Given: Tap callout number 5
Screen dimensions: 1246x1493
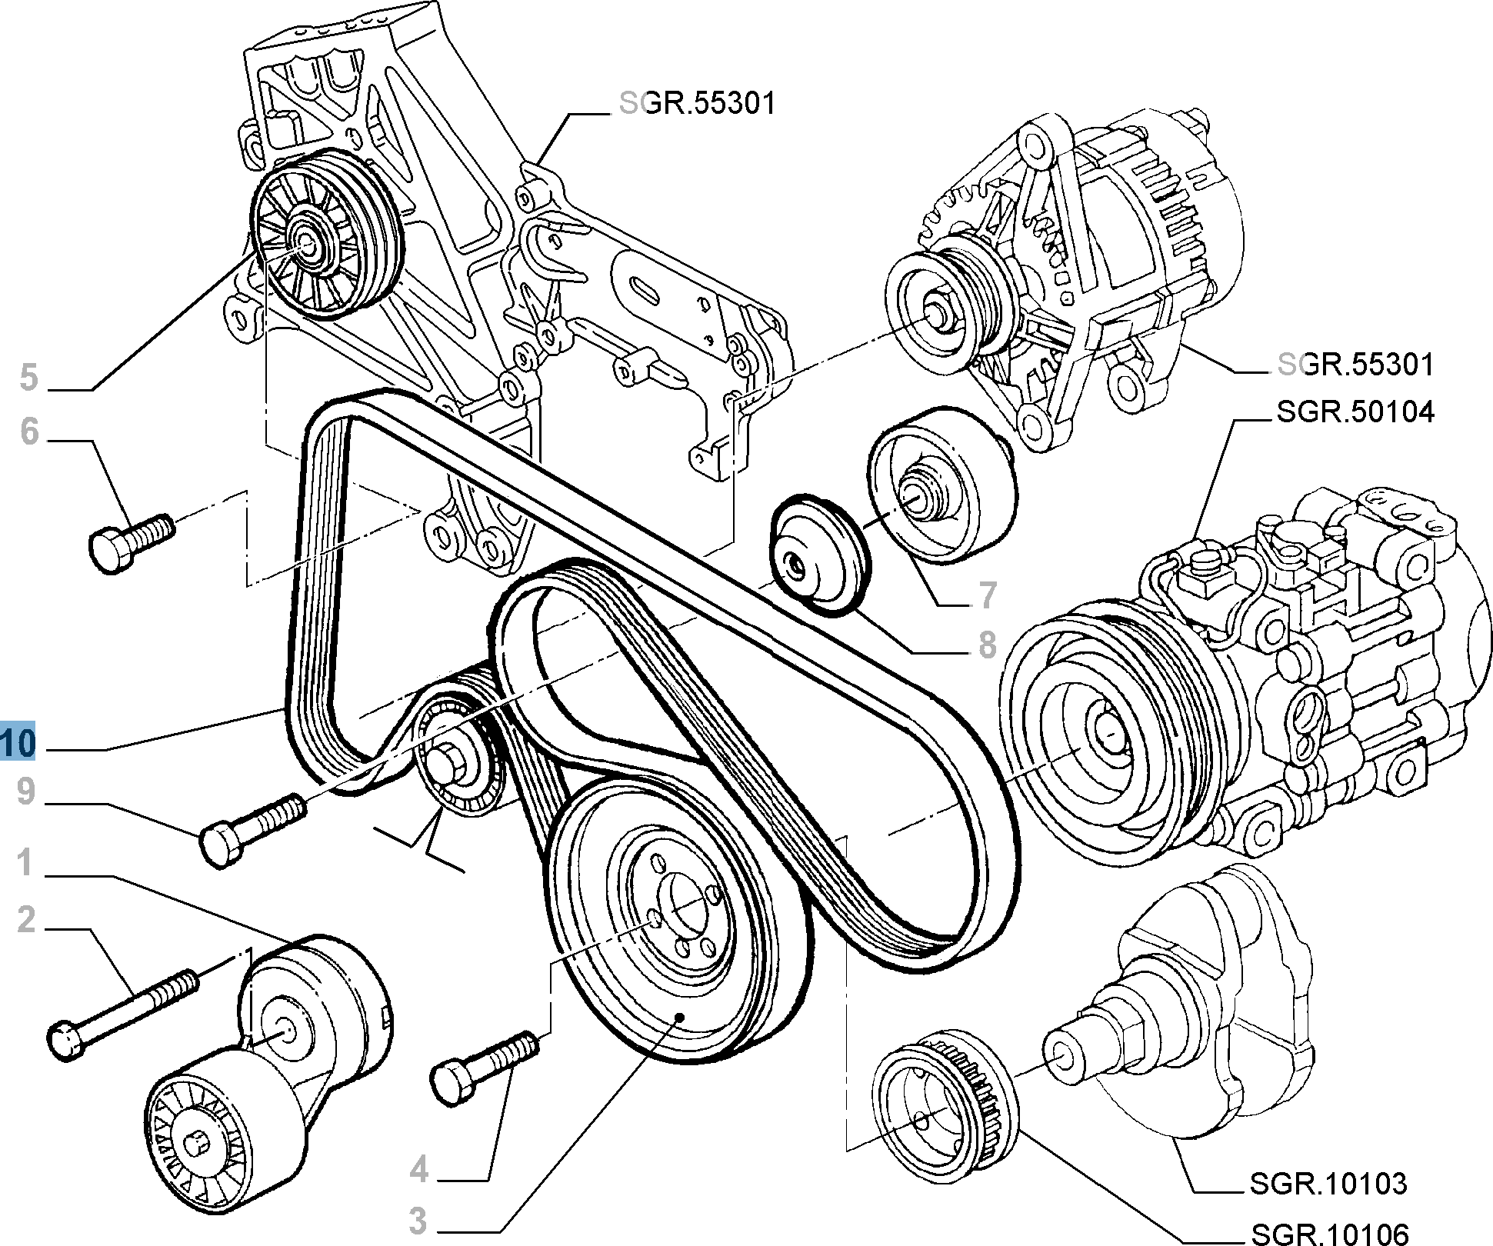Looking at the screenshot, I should [28, 377].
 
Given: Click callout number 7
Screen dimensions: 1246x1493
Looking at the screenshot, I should [988, 595].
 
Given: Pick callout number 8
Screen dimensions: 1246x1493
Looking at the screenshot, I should [988, 645].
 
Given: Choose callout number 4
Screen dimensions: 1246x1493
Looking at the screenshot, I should [418, 1170].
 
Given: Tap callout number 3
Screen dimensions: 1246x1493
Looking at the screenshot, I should [417, 1221].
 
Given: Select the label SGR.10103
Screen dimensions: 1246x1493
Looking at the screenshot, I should [1328, 1183].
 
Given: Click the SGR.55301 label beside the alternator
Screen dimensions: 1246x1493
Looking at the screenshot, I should [1355, 364].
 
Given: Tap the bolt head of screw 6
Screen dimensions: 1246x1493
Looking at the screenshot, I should [111, 551].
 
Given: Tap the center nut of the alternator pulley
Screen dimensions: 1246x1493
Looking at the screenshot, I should [935, 313].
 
